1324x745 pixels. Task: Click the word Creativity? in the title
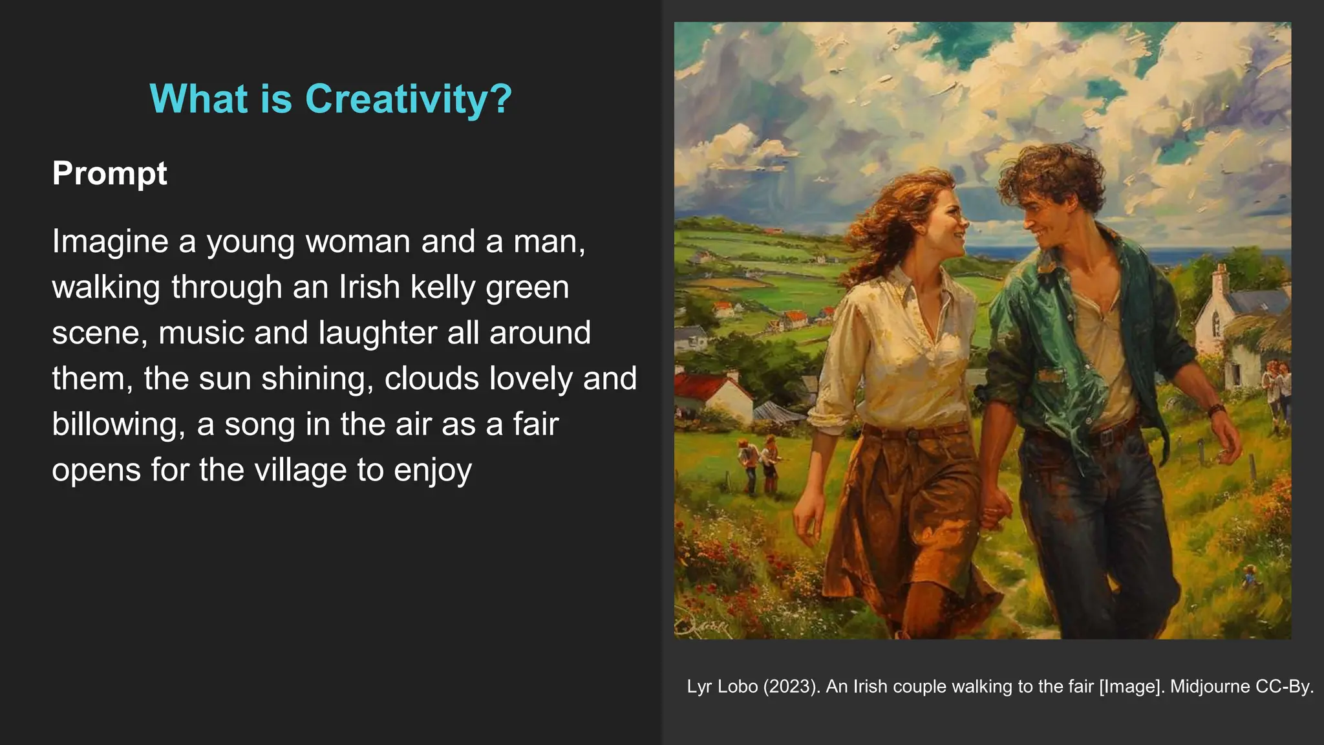pyautogui.click(x=408, y=99)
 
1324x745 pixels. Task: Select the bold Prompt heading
pyautogui.click(x=109, y=173)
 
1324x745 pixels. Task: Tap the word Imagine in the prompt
pyautogui.click(x=110, y=242)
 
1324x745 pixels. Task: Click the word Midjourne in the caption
pyautogui.click(x=1210, y=686)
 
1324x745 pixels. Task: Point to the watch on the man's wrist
pyautogui.click(x=1215, y=410)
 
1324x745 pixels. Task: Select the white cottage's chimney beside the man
pyautogui.click(x=1219, y=279)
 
